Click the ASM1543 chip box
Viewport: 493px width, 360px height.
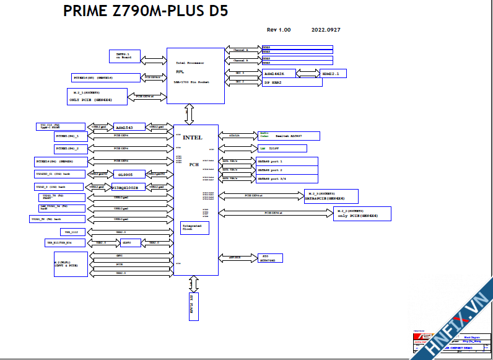coord(129,127)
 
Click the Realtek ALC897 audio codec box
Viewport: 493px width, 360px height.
coord(288,135)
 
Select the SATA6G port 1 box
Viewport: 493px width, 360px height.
coord(287,161)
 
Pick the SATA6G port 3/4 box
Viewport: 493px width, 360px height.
coord(287,178)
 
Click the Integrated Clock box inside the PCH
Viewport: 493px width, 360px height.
coord(194,227)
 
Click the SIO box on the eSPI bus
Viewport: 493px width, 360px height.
coord(270,257)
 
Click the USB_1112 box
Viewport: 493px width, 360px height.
coord(70,232)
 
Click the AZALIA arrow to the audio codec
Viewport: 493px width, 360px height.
coord(237,135)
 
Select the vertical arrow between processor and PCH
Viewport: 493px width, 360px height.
coord(189,114)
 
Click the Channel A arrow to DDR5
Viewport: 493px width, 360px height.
coord(243,50)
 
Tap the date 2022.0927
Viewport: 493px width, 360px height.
coord(326,30)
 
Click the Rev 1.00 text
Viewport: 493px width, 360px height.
coord(279,30)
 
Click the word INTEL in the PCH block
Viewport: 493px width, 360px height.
coord(193,137)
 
